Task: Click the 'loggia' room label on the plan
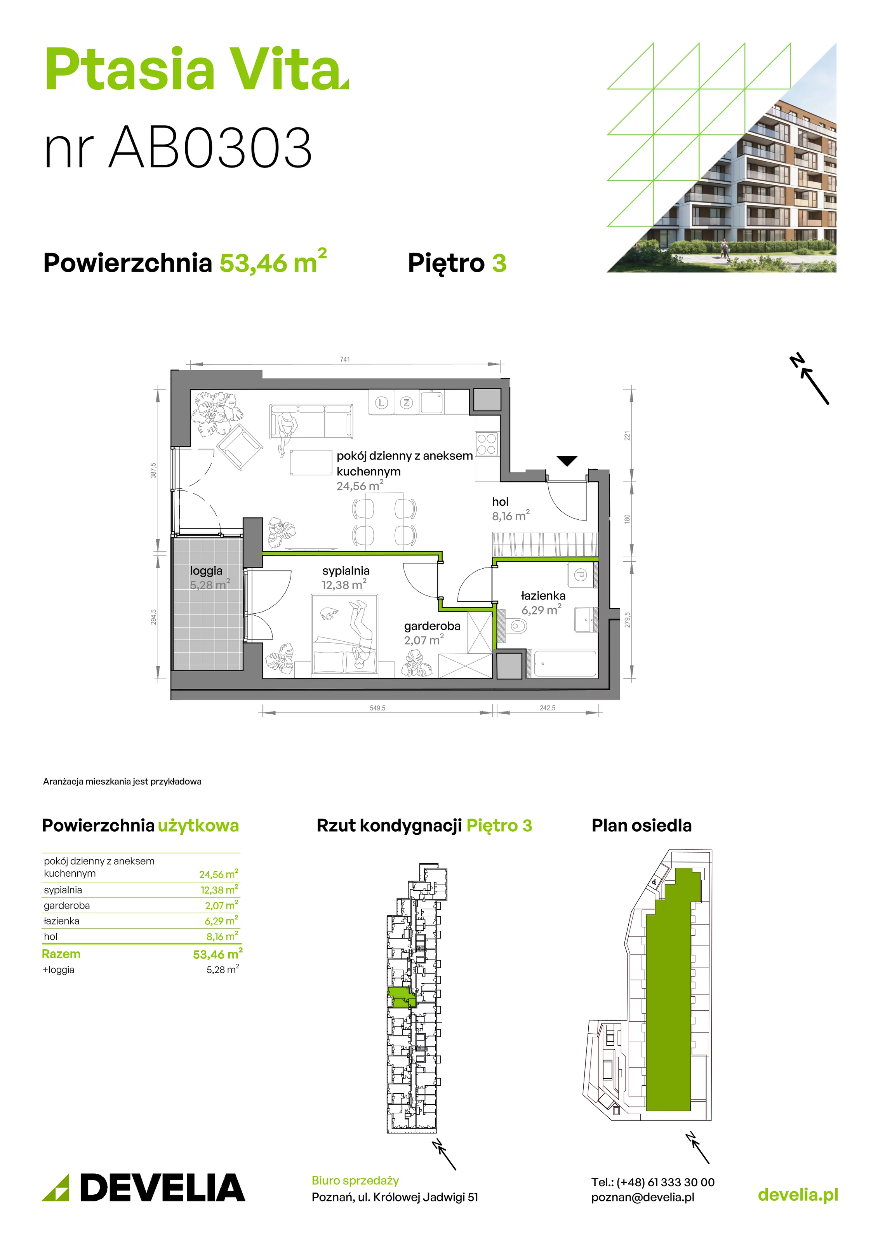coord(206,571)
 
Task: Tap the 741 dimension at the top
coord(345,359)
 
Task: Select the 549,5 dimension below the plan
coord(377,708)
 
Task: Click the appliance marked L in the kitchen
coord(382,402)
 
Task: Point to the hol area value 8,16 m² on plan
coord(511,516)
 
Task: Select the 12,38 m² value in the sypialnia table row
coord(219,890)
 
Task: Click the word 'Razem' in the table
coord(61,954)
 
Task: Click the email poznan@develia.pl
coord(643,1197)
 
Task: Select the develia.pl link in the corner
coord(798,1195)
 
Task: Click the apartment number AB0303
coord(210,147)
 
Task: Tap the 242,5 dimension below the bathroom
coord(547,708)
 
